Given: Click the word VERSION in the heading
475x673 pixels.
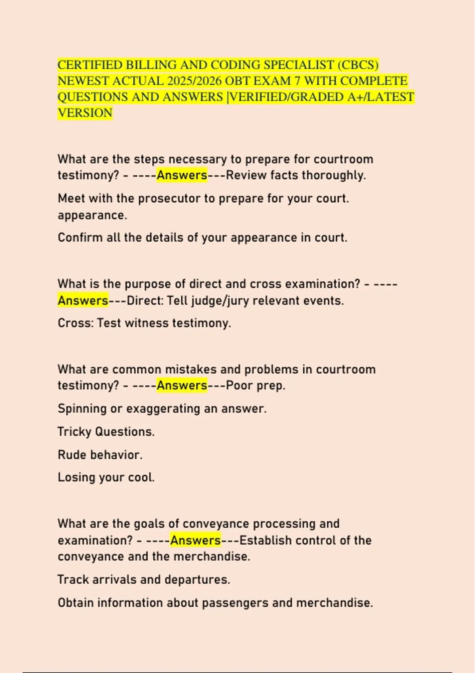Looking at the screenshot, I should pos(85,113).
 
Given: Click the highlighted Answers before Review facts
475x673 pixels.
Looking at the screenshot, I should pos(182,175).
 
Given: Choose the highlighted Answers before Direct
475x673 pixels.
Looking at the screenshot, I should pos(83,300).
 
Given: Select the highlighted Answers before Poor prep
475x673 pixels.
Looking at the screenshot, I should pos(182,385).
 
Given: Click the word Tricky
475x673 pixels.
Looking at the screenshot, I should pos(74,432).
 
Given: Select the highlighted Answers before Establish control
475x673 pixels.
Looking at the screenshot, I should pos(196,540).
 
